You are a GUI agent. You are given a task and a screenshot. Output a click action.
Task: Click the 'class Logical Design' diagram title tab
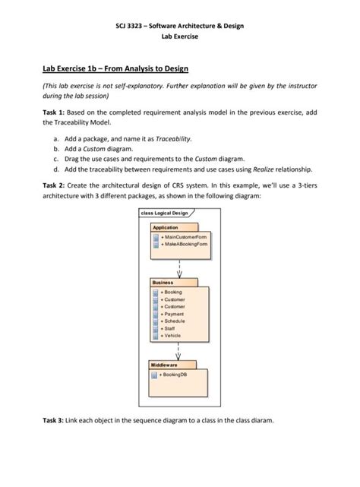(x=163, y=213)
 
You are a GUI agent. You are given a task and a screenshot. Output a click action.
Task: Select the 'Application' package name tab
(x=166, y=227)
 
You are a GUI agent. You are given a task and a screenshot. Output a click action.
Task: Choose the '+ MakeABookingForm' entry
(x=185, y=245)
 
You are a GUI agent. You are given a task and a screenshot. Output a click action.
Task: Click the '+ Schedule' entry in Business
(x=174, y=321)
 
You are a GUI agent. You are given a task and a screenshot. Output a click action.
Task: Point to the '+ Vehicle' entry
(x=172, y=335)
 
